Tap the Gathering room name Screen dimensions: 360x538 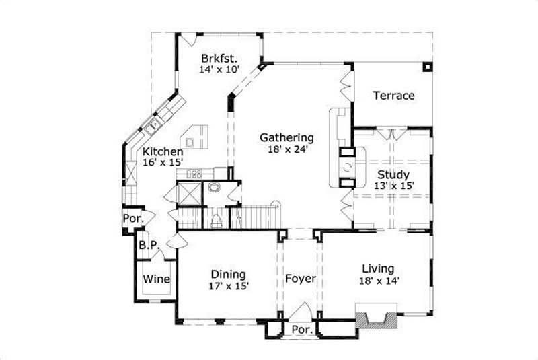287,138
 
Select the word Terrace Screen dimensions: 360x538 393,96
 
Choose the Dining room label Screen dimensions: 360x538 228,274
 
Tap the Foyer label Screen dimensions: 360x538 300,278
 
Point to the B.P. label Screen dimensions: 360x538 149,246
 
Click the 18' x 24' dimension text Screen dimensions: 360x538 287,150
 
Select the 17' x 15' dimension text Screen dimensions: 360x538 228,286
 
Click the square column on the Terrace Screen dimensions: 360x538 426,67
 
